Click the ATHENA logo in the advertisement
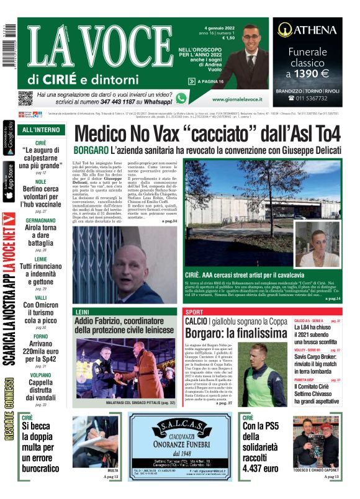[x=307, y=29]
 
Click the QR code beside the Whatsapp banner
[x=25, y=98]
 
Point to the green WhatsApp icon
[x=181, y=98]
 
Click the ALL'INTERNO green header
[x=41, y=130]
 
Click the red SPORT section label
[x=194, y=312]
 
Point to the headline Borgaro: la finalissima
[x=235, y=333]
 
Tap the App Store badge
[x=8, y=181]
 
